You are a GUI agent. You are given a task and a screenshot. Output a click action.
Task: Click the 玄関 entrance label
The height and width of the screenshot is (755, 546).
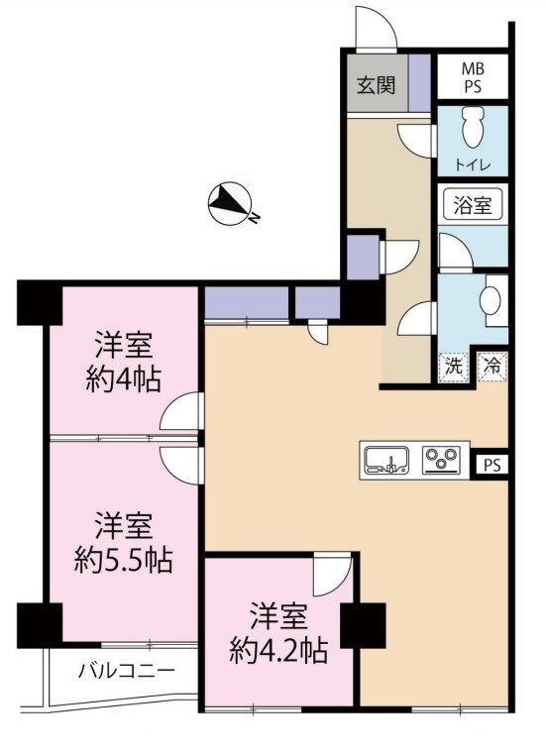point(376,83)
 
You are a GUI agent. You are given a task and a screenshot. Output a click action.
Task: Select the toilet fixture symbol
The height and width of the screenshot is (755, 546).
point(474,127)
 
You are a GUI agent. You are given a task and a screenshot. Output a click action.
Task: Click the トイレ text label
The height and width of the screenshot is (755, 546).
point(473,162)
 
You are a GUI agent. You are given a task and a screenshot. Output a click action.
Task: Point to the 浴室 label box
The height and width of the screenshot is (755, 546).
point(473,207)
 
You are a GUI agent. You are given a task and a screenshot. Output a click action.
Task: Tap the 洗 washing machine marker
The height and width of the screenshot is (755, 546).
point(453,365)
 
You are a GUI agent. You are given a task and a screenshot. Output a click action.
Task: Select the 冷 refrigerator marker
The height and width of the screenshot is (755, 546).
point(492,365)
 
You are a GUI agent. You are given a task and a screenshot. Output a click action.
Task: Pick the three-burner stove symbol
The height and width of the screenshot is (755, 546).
point(442,459)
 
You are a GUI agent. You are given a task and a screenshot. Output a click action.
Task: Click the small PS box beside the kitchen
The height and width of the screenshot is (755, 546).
point(492,464)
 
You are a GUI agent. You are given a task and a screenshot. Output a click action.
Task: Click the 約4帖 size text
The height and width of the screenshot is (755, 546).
point(123,378)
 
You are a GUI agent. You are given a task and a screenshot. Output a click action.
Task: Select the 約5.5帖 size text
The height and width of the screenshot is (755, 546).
point(123,560)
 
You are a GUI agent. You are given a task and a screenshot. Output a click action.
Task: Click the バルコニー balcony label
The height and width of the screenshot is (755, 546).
point(127,672)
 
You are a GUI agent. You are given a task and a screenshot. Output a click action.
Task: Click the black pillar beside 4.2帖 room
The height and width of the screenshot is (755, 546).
point(362,625)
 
